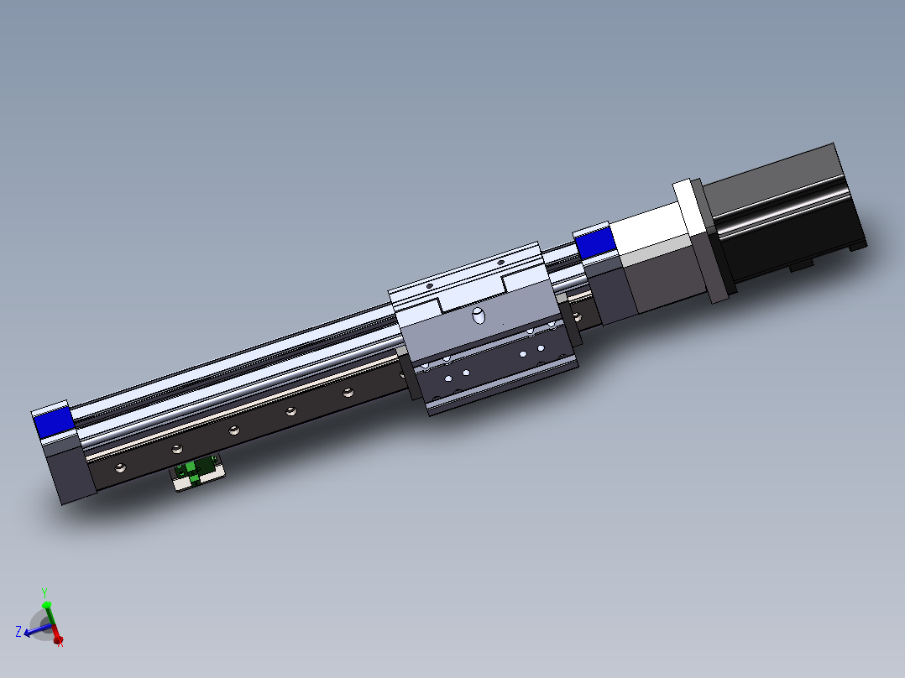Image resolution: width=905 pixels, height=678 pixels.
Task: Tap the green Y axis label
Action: pos(44,592)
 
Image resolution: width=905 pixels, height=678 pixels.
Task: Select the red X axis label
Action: pos(60,643)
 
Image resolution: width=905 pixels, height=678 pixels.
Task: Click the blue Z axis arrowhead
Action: pos(29,634)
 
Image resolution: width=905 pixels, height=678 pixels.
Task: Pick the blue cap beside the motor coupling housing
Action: pos(595,243)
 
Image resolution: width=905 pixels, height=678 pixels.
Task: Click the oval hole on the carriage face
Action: pos(479,316)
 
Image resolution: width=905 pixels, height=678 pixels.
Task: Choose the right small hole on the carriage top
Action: pos(501,263)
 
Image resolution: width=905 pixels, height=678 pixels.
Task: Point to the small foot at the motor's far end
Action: pos(856,245)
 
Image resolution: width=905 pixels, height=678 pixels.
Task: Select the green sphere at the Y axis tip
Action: pos(47,604)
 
